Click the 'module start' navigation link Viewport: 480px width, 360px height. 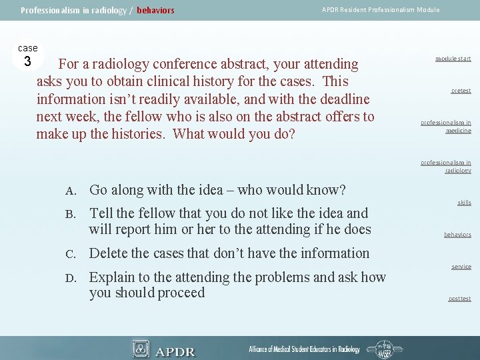(453, 59)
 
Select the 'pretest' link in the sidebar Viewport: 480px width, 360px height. (460, 91)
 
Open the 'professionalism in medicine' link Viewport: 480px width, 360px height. (445, 127)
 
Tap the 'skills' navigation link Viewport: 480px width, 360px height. (464, 203)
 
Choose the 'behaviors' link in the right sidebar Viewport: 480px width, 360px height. (457, 235)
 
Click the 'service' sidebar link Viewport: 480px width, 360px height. (461, 267)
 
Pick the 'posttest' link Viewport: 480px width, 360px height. (459, 299)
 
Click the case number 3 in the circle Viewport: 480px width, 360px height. (27, 62)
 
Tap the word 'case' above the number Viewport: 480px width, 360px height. (27, 48)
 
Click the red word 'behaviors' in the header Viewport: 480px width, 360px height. (155, 10)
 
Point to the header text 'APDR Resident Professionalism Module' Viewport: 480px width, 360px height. (381, 9)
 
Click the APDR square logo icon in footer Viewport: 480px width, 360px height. (141, 349)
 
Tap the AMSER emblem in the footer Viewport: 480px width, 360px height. (385, 349)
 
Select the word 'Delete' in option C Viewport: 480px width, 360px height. (111, 253)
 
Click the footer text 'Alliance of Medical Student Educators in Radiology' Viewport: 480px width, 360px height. (304, 349)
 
